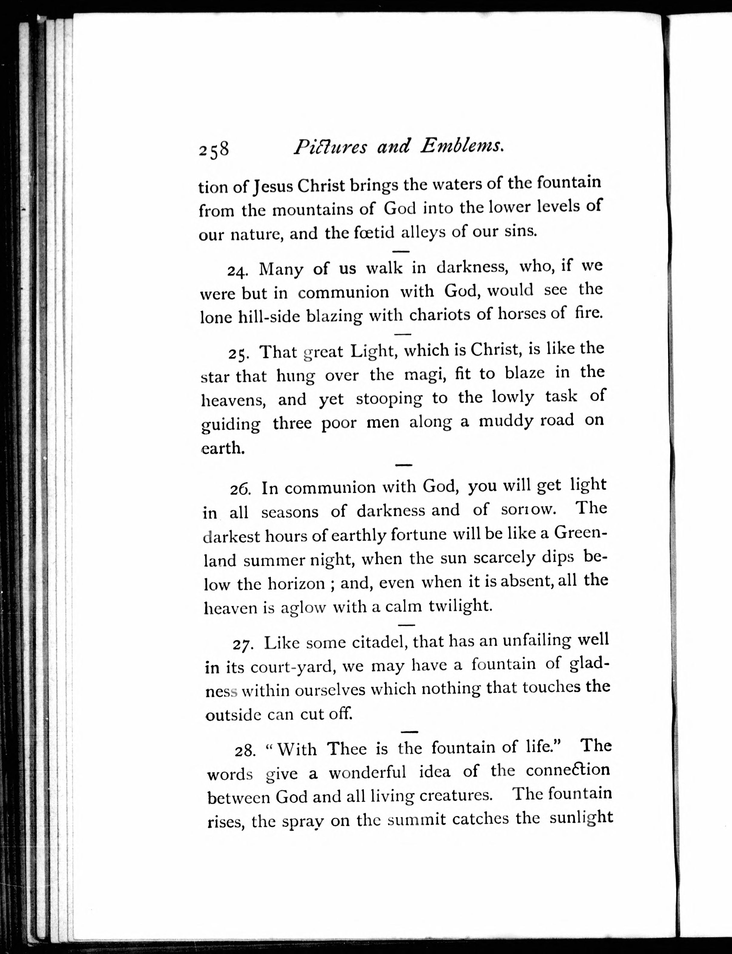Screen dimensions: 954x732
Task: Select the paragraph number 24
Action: [237, 271]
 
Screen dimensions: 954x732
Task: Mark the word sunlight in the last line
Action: [581, 817]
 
